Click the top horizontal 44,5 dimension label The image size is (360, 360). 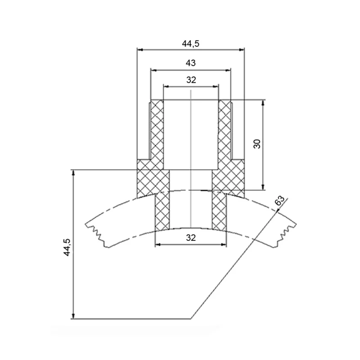(x=190, y=43)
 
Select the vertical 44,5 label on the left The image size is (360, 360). (x=67, y=247)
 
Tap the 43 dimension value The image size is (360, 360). (x=190, y=63)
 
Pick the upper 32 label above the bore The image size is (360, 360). (x=191, y=80)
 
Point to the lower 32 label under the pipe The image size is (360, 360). (x=191, y=238)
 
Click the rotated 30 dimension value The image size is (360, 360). (x=257, y=144)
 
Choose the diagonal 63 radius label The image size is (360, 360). (x=279, y=201)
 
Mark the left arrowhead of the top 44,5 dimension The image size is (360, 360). (x=140, y=49)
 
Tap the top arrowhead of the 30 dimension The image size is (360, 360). (x=263, y=103)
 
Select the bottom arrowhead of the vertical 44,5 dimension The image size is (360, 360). (x=73, y=316)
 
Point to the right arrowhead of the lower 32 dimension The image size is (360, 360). (x=224, y=245)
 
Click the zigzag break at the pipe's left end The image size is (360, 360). (x=96, y=235)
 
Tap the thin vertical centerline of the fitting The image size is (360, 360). (x=191, y=158)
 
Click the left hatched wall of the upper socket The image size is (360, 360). (x=157, y=130)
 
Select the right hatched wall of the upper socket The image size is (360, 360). (x=225, y=130)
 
